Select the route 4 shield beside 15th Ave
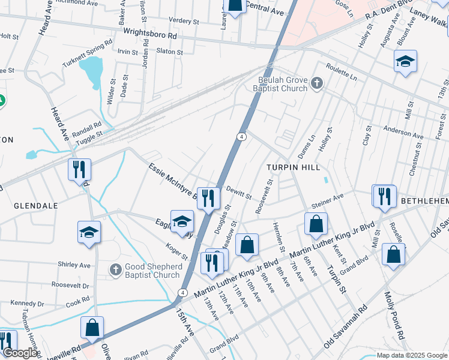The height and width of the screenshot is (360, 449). point(181,292)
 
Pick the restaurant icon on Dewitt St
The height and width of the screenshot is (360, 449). point(208,198)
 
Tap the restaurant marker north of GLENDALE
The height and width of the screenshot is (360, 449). point(79,169)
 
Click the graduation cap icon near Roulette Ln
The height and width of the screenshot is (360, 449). point(406,61)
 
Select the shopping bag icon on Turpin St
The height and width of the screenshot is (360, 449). point(316,224)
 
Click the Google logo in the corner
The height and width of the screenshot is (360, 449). point(19,353)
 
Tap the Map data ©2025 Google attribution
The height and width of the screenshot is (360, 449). point(411,355)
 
